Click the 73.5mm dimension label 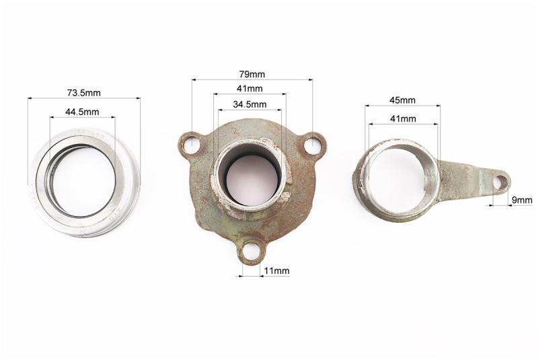coord(83,93)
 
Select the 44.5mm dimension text coord(82,112)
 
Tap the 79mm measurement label coord(252,74)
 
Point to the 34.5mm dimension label coord(249,104)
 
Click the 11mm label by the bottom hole coord(276,271)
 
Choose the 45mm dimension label coord(402,100)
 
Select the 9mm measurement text coord(522,200)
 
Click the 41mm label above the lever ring coord(403,118)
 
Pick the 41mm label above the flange coord(249,89)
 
